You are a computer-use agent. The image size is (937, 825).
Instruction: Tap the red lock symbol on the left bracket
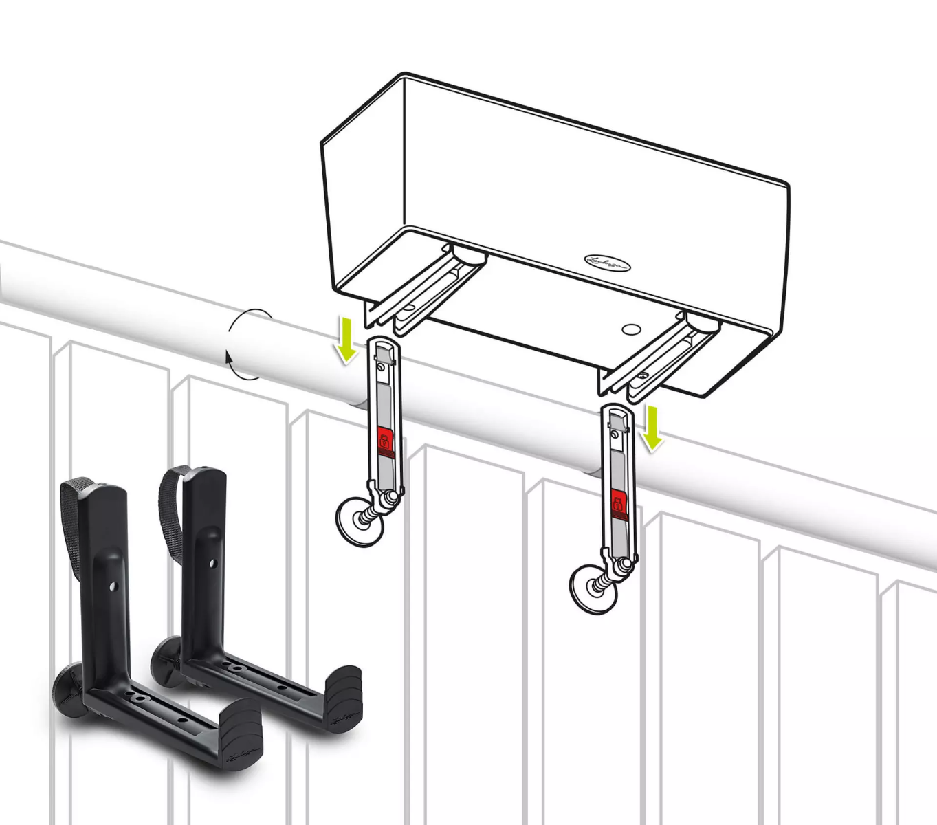click(x=384, y=441)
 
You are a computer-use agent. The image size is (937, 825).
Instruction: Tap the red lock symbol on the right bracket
click(x=619, y=504)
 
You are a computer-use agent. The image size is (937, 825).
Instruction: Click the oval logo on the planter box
click(x=607, y=263)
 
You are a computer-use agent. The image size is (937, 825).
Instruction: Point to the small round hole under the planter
click(x=631, y=329)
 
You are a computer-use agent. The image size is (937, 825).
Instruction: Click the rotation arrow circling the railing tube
click(x=237, y=344)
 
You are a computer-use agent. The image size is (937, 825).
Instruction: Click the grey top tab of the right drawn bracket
click(x=617, y=419)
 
